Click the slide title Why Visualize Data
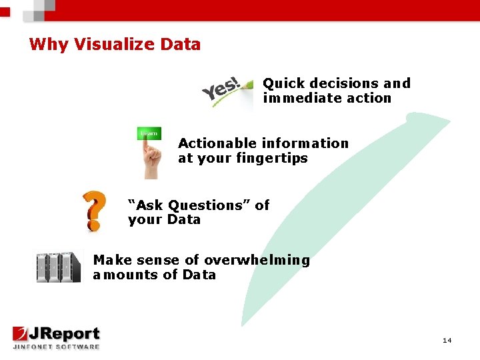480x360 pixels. tap(115, 45)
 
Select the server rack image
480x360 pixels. tap(58, 267)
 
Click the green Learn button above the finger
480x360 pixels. tap(149, 133)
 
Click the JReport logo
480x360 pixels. tap(56, 334)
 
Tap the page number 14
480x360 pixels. tap(447, 341)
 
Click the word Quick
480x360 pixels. tap(283, 83)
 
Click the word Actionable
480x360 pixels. tap(217, 143)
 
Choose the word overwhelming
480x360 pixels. tap(257, 260)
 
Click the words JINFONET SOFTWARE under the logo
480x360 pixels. tap(56, 347)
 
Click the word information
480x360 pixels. tap(305, 143)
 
